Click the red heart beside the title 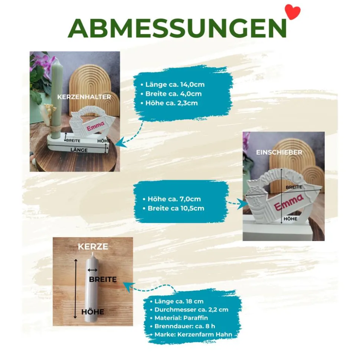coord(292,12)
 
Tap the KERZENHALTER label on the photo coord(84,97)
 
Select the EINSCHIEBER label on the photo coord(279,152)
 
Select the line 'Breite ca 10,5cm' coord(176,208)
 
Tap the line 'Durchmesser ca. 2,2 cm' coord(191,310)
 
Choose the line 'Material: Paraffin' coord(181,318)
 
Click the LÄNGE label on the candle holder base coord(79,150)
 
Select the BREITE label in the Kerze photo coord(103,279)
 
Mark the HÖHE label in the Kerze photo coord(93,312)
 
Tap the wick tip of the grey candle coord(92,254)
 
